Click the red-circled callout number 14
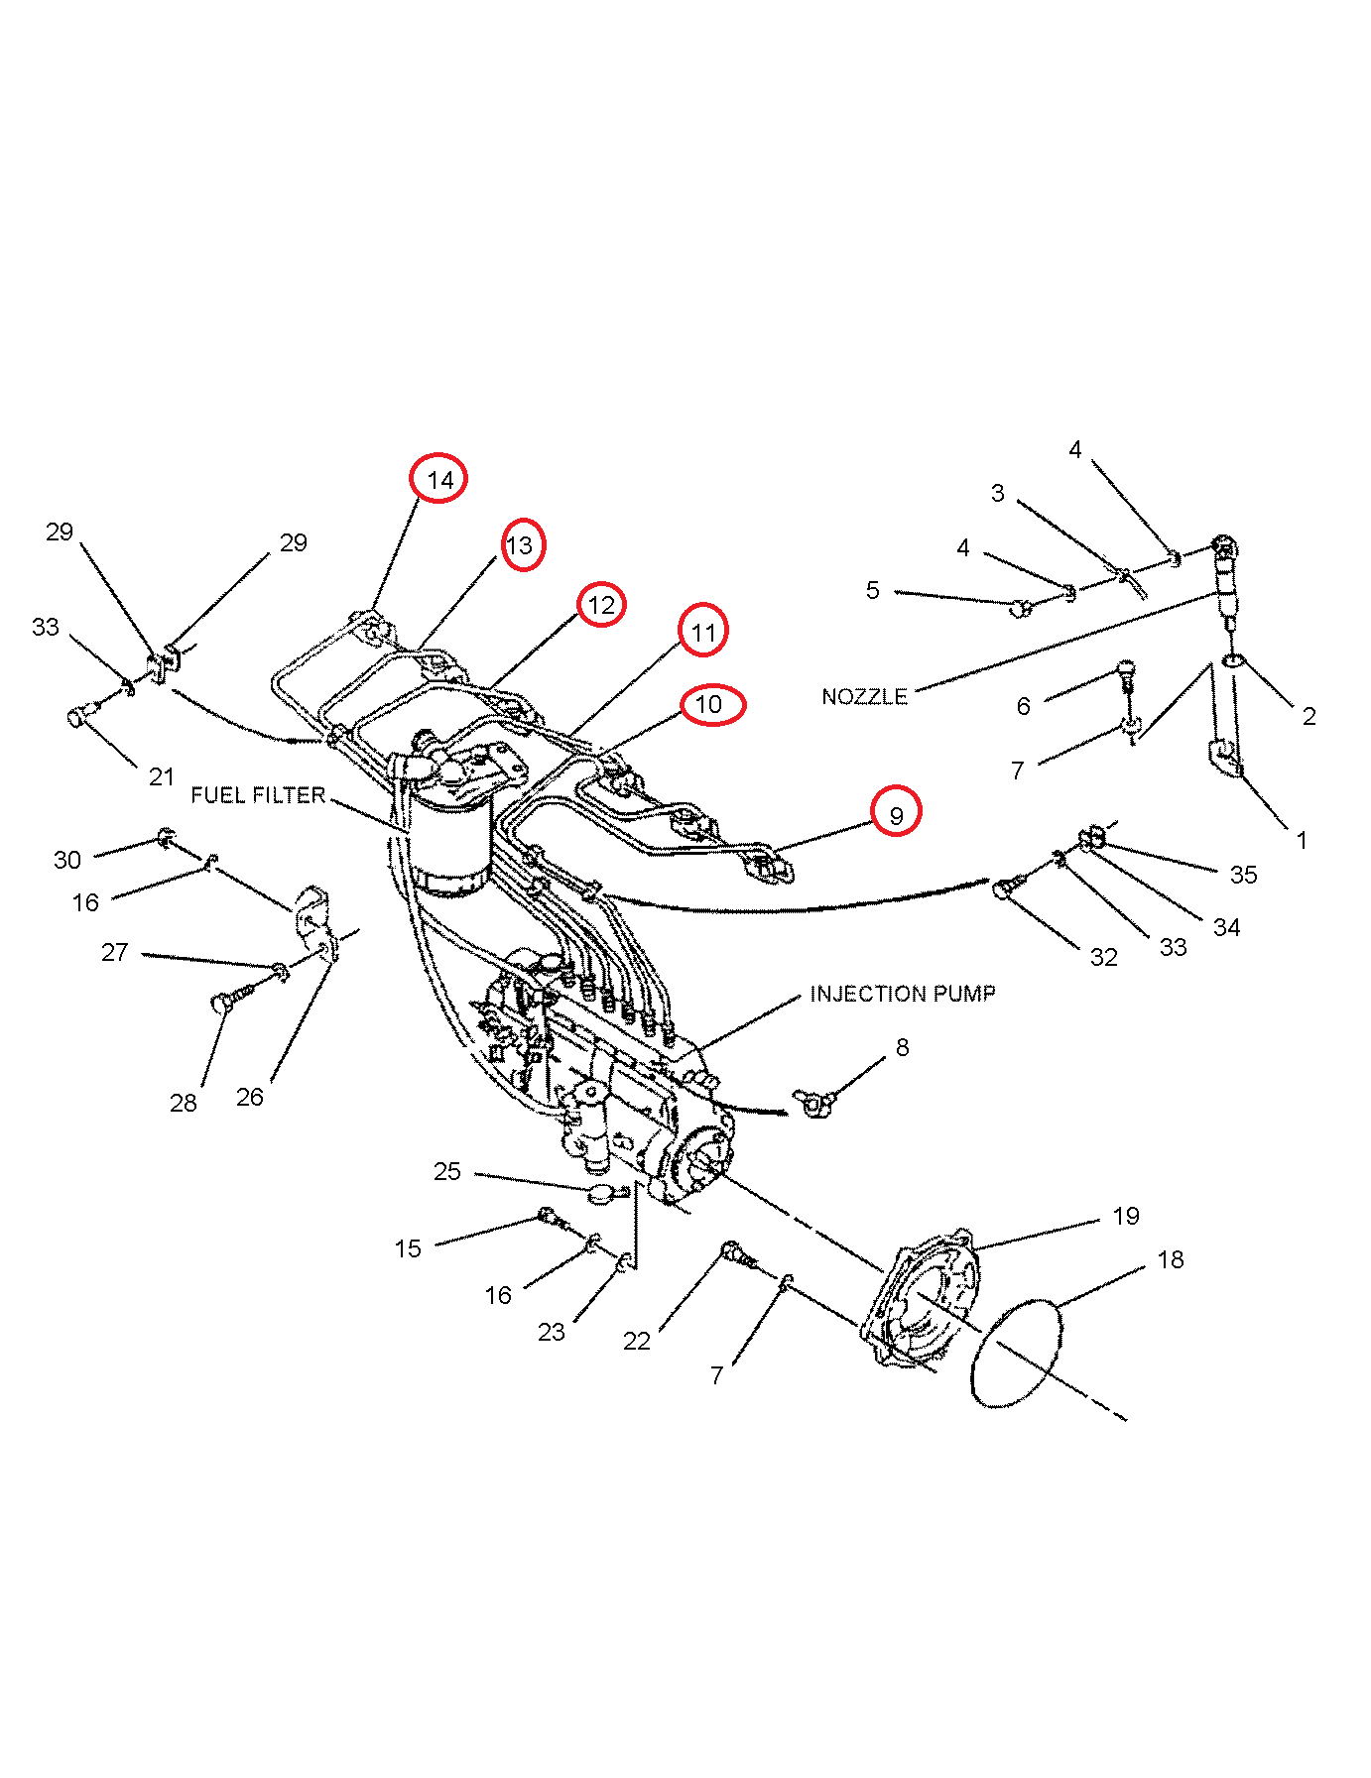pos(439,480)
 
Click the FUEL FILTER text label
pos(258,795)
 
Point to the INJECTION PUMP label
pos(903,994)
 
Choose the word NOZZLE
pos(865,697)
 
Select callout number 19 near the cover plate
pos(1126,1216)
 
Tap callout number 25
pos(447,1171)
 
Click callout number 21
pos(162,776)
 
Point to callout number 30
pos(67,860)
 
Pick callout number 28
pos(184,1103)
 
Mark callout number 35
pos(1243,875)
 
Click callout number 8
pos(902,1047)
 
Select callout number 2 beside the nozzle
pos(1309,716)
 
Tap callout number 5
pos(872,591)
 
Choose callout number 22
pos(637,1341)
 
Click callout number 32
pos(1104,957)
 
